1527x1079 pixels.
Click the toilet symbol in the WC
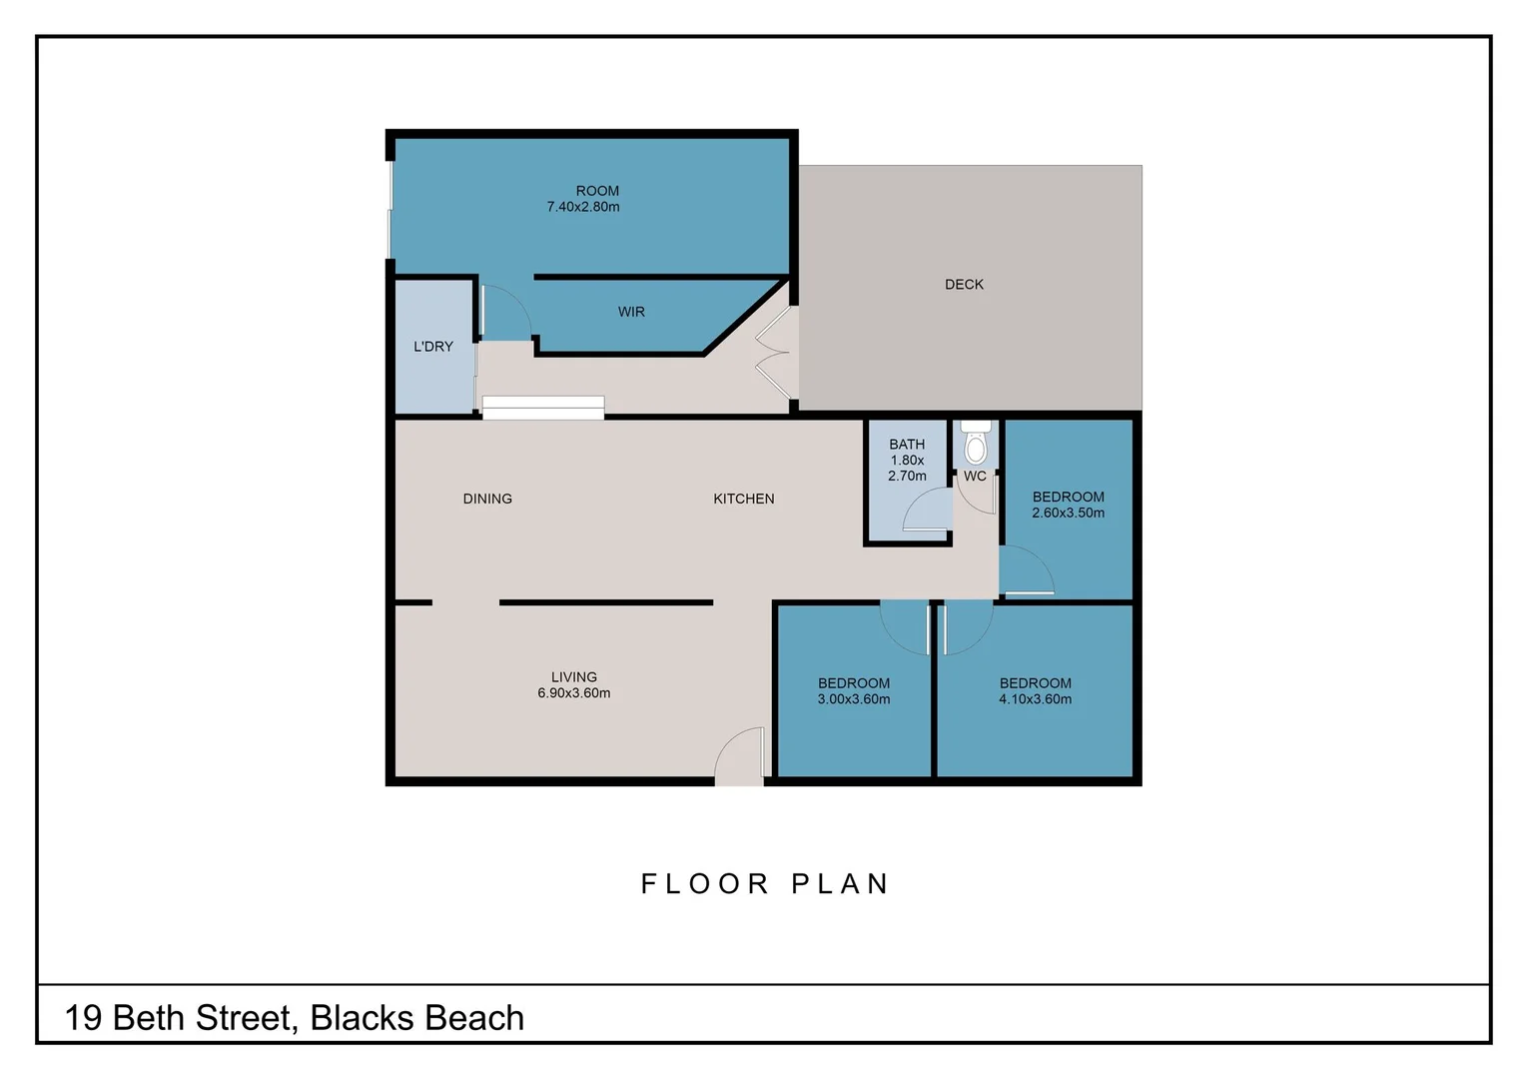pos(976,444)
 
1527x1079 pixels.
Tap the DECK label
pos(964,285)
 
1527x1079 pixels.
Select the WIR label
pos(631,312)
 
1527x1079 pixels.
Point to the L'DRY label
pos(433,347)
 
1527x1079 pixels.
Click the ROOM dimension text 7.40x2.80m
pos(583,207)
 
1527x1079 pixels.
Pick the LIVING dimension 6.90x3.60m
pos(574,693)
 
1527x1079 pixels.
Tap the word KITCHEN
pos(744,499)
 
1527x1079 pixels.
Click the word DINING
pos(487,499)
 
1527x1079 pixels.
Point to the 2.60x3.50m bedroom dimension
pos(1069,513)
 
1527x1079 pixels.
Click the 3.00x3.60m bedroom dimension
pos(854,699)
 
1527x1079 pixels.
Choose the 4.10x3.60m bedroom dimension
pos(1036,699)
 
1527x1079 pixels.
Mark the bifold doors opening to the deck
pos(774,353)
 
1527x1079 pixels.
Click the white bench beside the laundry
pos(543,408)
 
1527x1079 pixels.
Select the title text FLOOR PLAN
pos(765,884)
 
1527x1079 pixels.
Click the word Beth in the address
pos(149,1018)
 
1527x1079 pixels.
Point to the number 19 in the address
pos(83,1018)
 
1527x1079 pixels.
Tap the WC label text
pos(975,477)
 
